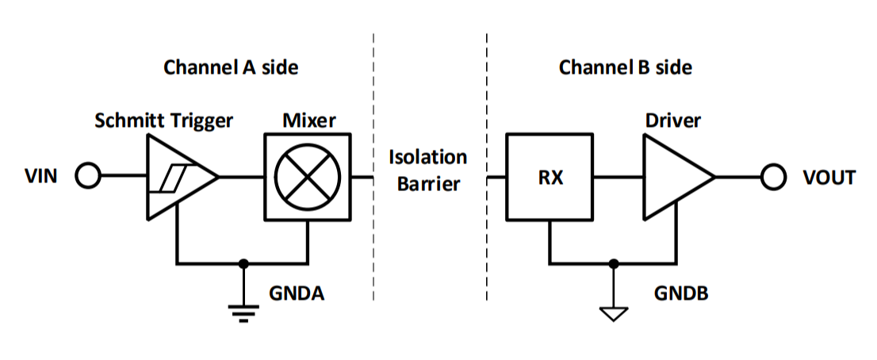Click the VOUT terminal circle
coord(773,177)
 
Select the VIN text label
coord(41,177)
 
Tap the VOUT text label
coord(829,177)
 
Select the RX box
coord(550,177)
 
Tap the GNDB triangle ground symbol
coord(611,313)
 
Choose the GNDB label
coord(680,293)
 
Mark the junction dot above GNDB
coord(611,262)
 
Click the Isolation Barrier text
coord(427,170)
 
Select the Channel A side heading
coord(231,67)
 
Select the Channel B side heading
coord(625,67)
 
